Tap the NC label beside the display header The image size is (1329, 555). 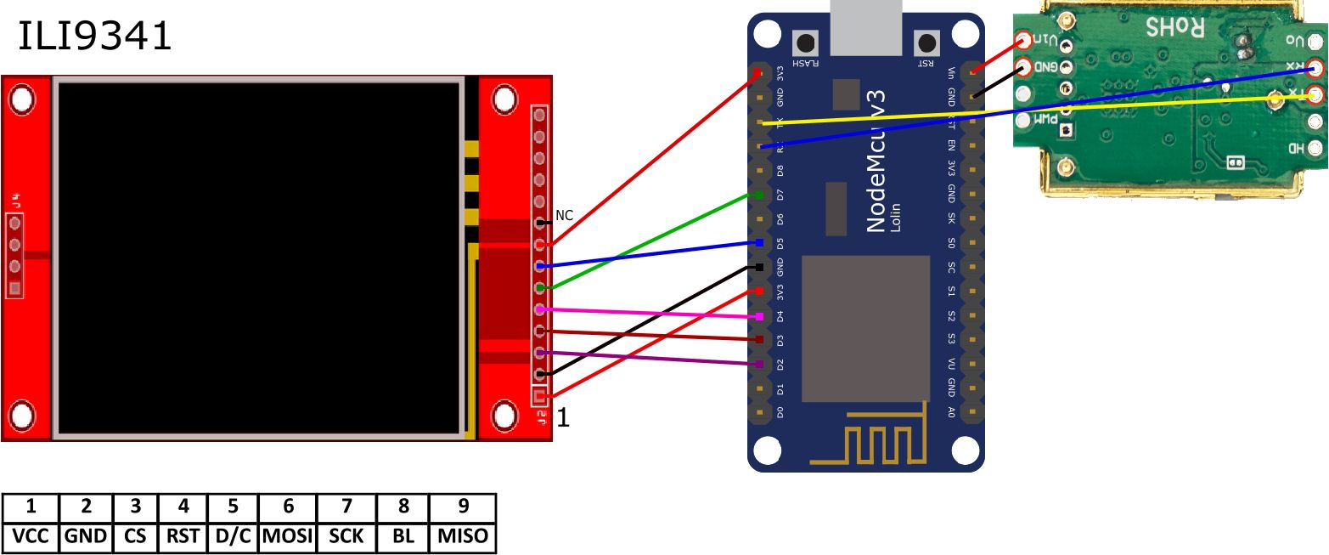pyautogui.click(x=564, y=216)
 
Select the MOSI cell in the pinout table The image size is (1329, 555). pyautogui.click(x=288, y=536)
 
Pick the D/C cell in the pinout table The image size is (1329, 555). pyautogui.click(x=233, y=536)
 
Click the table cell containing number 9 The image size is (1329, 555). pyautogui.click(x=463, y=507)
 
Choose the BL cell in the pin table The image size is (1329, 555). pyautogui.click(x=403, y=536)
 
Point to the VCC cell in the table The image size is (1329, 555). pyautogui.click(x=31, y=536)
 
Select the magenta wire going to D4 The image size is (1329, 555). pyautogui.click(x=645, y=313)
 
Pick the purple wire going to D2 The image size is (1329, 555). pyautogui.click(x=645, y=358)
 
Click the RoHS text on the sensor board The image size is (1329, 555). pyautogui.click(x=1175, y=26)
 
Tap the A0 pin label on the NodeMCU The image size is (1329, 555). pyautogui.click(x=952, y=412)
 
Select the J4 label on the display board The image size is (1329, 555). pyautogui.click(x=14, y=201)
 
